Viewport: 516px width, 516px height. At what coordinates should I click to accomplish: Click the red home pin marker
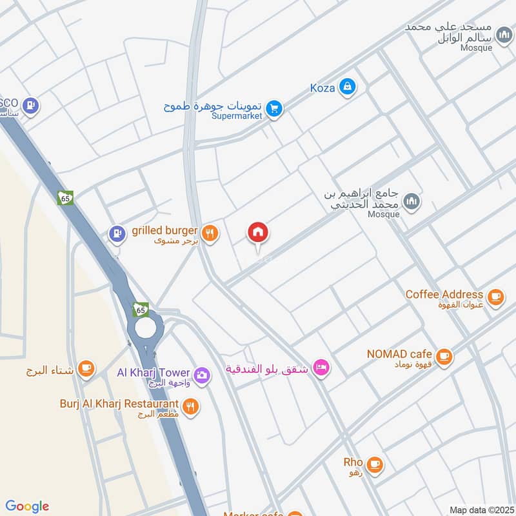[x=259, y=233]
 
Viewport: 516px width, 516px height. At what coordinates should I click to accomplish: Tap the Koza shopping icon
[x=347, y=86]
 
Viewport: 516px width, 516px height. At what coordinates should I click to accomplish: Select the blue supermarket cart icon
[x=275, y=108]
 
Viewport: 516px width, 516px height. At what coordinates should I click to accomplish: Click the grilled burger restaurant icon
[x=210, y=233]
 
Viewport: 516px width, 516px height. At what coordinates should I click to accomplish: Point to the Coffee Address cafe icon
[x=495, y=296]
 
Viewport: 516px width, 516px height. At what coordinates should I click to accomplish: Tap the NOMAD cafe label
[x=399, y=353]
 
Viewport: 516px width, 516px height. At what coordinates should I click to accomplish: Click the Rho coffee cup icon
[x=374, y=463]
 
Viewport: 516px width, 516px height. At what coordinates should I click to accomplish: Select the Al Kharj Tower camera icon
[x=201, y=374]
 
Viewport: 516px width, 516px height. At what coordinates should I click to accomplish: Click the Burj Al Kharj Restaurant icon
[x=190, y=406]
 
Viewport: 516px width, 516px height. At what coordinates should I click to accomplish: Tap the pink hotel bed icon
[x=320, y=368]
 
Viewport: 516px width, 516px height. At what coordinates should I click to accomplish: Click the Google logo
[x=26, y=506]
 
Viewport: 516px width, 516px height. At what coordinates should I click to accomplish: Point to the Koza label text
[x=322, y=88]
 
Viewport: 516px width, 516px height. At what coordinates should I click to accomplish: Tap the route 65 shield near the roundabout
[x=141, y=310]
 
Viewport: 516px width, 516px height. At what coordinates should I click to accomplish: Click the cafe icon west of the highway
[x=85, y=369]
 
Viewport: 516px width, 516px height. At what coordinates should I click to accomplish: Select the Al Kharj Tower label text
[x=154, y=373]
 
